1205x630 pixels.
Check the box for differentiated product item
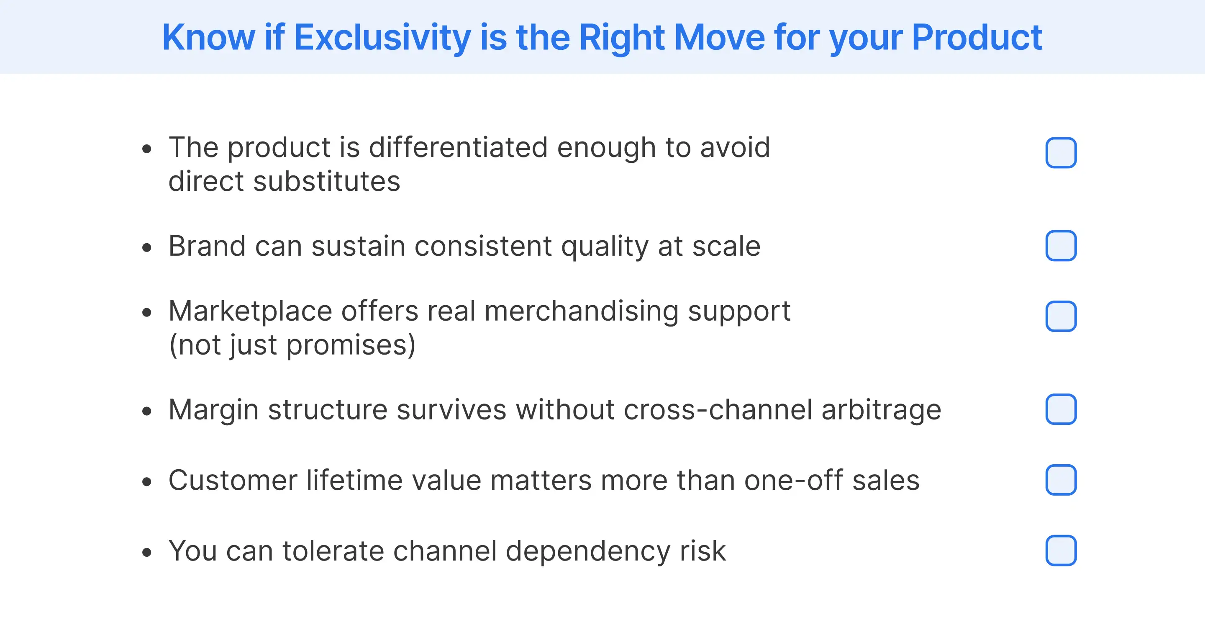(x=1061, y=153)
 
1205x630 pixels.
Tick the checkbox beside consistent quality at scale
(x=1061, y=246)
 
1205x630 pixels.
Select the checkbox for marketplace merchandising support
(x=1061, y=316)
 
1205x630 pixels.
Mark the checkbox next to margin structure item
(x=1061, y=409)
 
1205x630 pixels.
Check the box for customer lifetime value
(x=1061, y=480)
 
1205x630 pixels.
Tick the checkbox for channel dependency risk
(x=1061, y=550)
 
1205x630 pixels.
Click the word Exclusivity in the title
(x=382, y=37)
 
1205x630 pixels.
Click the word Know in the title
(x=208, y=37)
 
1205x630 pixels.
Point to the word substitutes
(x=326, y=182)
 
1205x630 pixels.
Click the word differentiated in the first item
(x=458, y=148)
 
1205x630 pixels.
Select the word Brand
(x=207, y=246)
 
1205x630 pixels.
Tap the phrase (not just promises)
(x=292, y=345)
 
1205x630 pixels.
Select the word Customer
(x=233, y=481)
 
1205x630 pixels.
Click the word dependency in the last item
(x=587, y=551)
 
